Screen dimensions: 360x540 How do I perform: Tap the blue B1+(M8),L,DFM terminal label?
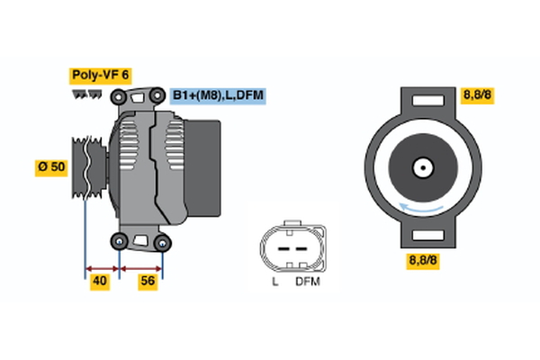coord(220,95)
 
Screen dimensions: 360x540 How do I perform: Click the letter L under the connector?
coord(274,281)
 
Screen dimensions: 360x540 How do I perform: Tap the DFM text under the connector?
coord(307,281)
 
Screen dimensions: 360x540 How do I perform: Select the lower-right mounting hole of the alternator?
coord(162,241)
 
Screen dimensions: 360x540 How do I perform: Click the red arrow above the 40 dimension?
coord(102,267)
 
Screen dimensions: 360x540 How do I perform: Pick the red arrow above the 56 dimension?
coord(141,267)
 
